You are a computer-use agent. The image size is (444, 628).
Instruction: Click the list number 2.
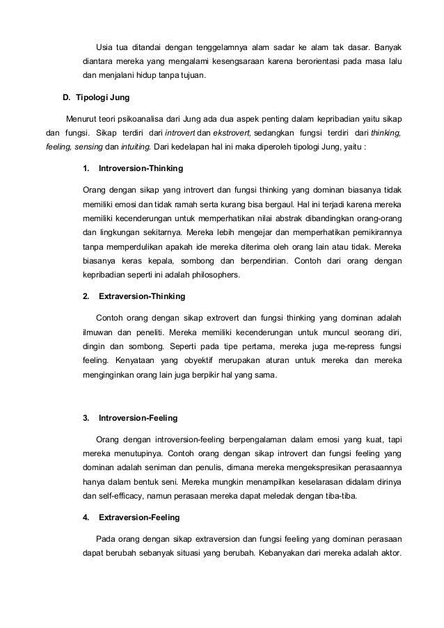[x=86, y=297]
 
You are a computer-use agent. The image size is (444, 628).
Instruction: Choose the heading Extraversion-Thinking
[x=142, y=297]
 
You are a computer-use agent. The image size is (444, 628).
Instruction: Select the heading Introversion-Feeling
[x=138, y=418]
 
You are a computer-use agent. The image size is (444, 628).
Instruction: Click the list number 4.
[x=86, y=517]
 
